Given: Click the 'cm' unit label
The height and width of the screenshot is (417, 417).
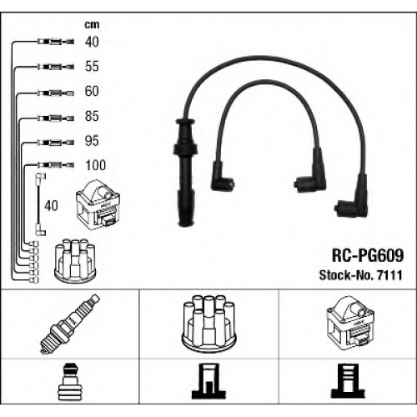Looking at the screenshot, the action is [x=92, y=25].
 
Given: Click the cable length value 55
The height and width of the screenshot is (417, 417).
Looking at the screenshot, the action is [x=92, y=66].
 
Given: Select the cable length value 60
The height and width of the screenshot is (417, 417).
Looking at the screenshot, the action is [x=92, y=91].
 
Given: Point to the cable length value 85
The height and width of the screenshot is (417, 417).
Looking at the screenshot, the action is [x=92, y=116].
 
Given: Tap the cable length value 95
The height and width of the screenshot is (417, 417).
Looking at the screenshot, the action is [x=92, y=141].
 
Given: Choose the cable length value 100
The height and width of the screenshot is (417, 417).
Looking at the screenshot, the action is [x=96, y=165].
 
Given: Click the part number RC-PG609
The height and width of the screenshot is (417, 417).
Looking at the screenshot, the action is [x=368, y=255].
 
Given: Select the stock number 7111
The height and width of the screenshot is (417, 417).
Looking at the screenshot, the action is [x=389, y=275].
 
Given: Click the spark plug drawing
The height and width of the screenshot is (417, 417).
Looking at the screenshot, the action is [x=70, y=324].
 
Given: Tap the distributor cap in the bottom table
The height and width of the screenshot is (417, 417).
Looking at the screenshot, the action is [x=208, y=324].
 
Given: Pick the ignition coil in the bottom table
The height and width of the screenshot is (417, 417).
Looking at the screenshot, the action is [x=350, y=323].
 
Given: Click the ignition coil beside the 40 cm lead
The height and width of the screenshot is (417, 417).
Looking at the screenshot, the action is [x=98, y=205].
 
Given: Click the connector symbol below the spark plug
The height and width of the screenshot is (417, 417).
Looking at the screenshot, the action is [x=70, y=382].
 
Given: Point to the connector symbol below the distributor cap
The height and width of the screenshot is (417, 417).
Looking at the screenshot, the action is [x=208, y=381].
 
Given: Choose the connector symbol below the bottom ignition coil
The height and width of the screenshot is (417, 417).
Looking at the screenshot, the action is [x=348, y=381].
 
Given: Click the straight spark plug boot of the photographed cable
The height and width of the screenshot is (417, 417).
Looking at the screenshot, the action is [x=185, y=173].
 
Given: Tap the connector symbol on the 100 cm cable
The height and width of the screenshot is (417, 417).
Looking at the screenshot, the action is [x=56, y=165].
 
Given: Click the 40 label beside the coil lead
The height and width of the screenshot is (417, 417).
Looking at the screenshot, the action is [x=51, y=206].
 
